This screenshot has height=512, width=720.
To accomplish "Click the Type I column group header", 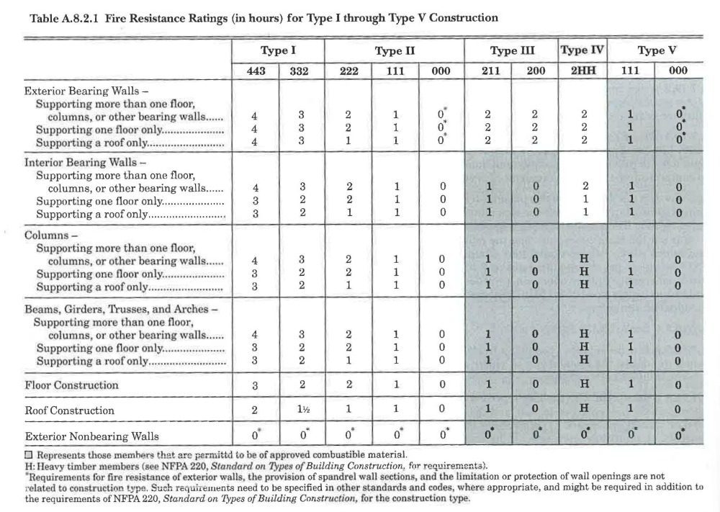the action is coord(278,50).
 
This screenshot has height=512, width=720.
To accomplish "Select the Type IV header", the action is coord(582,50).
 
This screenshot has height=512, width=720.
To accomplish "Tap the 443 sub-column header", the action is coord(256,71).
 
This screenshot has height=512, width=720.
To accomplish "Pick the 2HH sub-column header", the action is coord(583,71).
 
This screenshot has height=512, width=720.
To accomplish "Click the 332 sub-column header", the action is coord(299,71).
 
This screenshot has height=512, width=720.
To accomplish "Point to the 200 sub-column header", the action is coord(536,71).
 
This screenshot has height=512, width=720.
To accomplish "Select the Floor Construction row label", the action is coord(71,385).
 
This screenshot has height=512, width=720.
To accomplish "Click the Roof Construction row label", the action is coord(69,410).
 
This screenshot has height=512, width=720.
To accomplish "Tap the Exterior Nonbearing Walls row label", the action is coord(92,436).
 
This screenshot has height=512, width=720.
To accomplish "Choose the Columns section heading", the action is coord(50,235).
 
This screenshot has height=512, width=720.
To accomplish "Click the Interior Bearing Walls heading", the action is coord(85,163).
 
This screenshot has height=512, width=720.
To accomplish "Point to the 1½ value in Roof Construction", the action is coord(302,409).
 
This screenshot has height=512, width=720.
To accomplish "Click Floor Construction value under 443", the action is coord(255,386).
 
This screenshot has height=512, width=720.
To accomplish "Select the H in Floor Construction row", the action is coord(584,383).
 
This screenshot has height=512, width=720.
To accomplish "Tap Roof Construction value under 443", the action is coord(255,410).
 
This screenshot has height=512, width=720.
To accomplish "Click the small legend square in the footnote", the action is coord(29,455).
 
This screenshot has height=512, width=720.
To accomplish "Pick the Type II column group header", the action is coord(395,50).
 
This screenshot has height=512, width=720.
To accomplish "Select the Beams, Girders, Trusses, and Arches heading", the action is coord(121,309).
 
